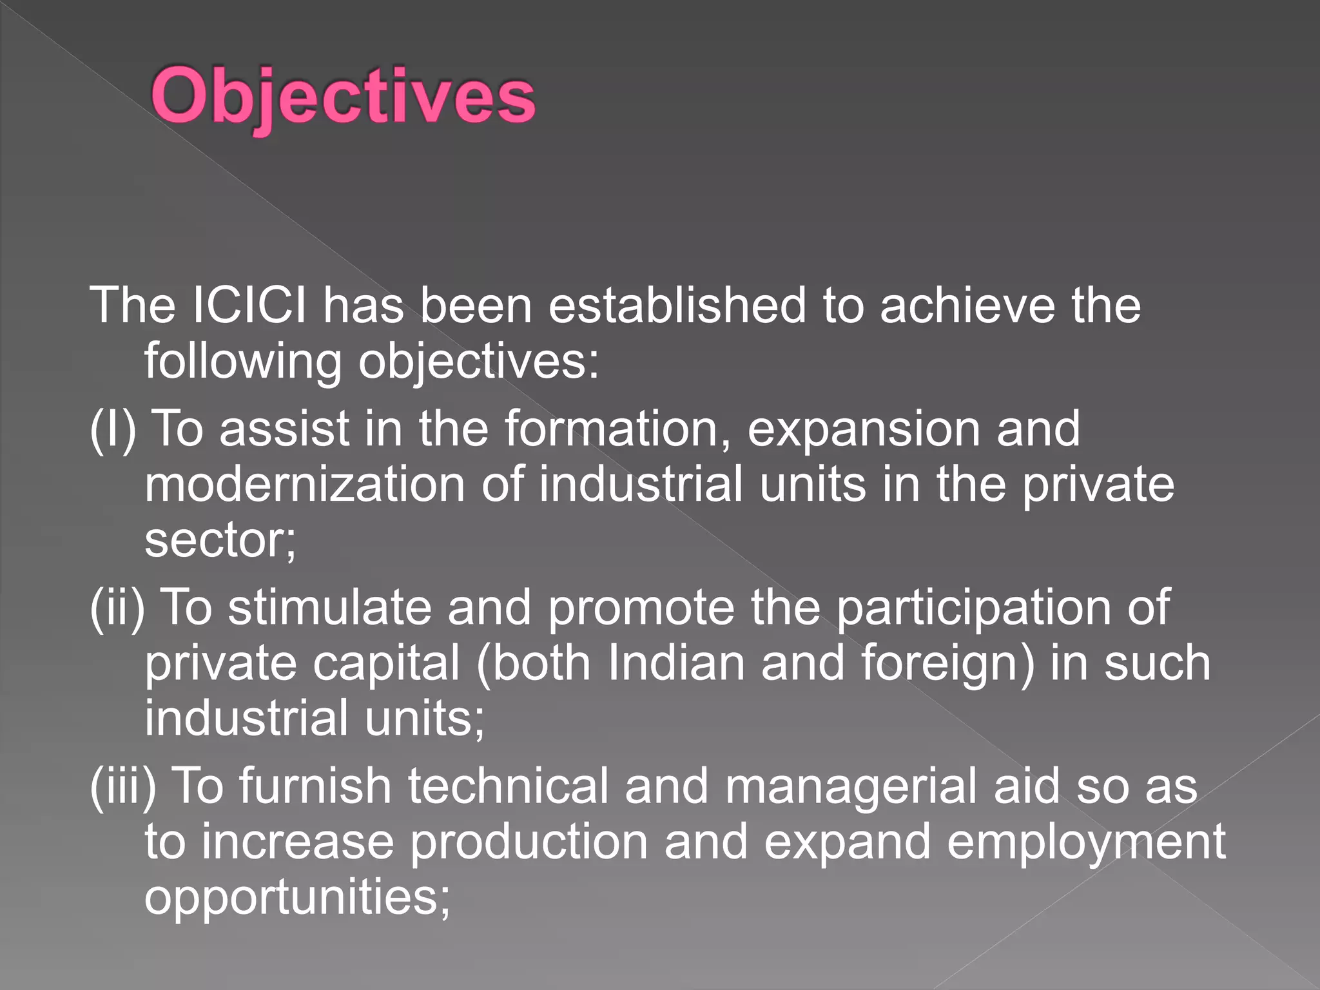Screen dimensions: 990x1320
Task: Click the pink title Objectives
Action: (343, 97)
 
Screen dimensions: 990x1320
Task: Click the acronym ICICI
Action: (249, 305)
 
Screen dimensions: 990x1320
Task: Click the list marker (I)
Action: (113, 429)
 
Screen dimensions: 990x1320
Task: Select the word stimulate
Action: (329, 608)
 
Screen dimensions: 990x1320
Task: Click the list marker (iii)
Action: (122, 786)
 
